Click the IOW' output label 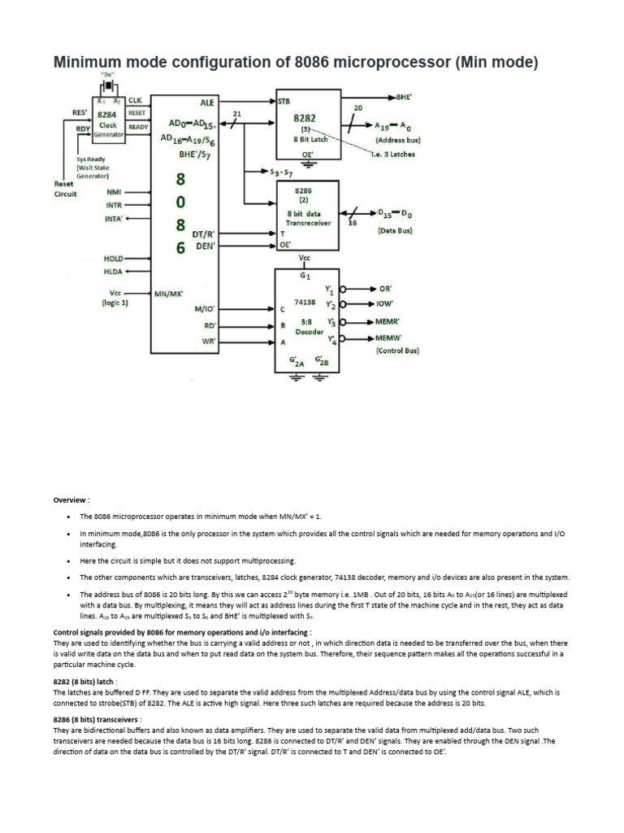click(385, 305)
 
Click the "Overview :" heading click(71, 500)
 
